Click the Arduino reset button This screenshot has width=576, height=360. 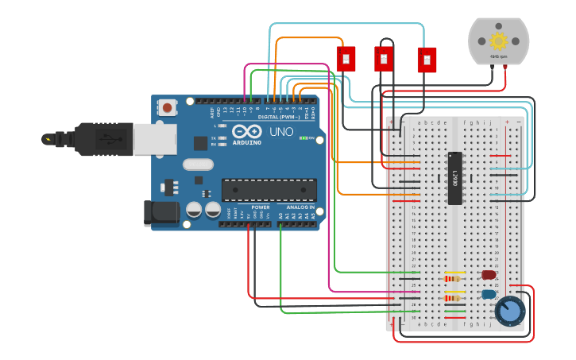coord(168,107)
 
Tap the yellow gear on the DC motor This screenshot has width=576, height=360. coord(498,41)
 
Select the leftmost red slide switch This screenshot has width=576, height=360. coord(346,59)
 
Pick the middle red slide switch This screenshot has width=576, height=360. coord(384,59)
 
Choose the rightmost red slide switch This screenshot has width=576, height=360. coord(427,60)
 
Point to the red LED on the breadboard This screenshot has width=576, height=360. coord(488,275)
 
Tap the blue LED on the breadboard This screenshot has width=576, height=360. coord(488,294)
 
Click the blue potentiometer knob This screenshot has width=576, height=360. coord(509,311)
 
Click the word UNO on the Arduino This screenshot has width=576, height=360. coord(282,132)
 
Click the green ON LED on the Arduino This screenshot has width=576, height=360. coord(303,137)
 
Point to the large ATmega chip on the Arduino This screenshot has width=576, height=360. coord(269,190)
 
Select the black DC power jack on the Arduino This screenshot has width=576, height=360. coord(158,212)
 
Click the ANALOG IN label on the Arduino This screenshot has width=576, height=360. coord(300,207)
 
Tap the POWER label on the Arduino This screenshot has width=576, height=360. coord(260,207)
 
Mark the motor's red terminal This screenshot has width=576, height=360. coord(506,68)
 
